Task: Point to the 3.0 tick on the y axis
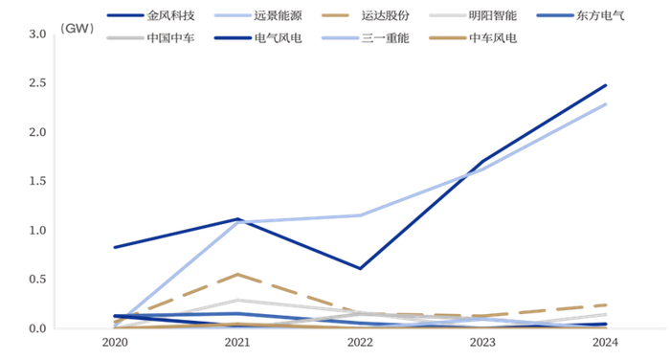38,34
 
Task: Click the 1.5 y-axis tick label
38,181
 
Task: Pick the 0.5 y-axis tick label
38,280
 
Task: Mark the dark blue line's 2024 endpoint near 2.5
606,85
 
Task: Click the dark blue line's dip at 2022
360,268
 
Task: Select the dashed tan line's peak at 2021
237,274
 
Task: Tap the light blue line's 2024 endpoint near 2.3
606,104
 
